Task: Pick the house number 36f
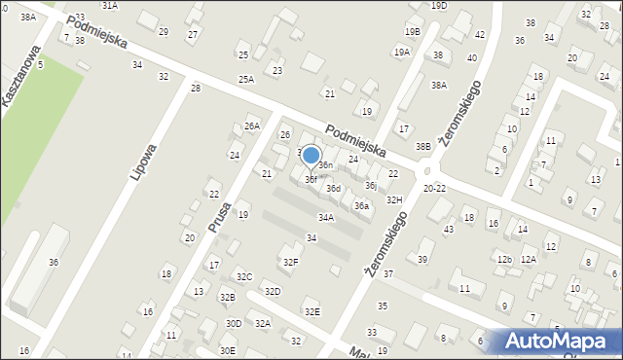coord(311,179)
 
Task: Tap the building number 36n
coord(326,165)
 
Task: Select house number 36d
coord(334,188)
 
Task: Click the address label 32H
coord(393,199)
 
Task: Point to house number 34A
coord(326,217)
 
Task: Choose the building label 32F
coord(290,262)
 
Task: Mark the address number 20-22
coord(435,188)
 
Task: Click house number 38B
coord(422,147)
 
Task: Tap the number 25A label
coord(246,79)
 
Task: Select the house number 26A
coord(252,126)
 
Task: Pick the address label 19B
coord(413,31)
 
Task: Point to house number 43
coord(448,230)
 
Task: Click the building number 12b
coord(503,259)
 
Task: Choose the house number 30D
coord(234,323)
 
